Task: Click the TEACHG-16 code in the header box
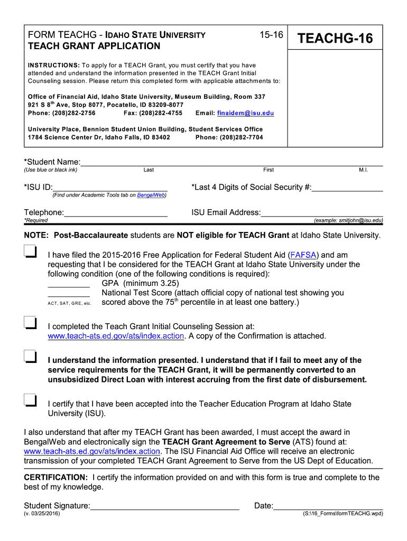point(335,39)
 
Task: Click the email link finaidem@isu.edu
point(249,113)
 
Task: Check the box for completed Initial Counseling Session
point(30,323)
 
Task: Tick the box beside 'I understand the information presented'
point(30,357)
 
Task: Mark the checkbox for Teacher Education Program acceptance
point(30,400)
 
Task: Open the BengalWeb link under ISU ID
point(151,195)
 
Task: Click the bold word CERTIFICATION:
point(56,478)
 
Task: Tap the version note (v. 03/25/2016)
point(42,514)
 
